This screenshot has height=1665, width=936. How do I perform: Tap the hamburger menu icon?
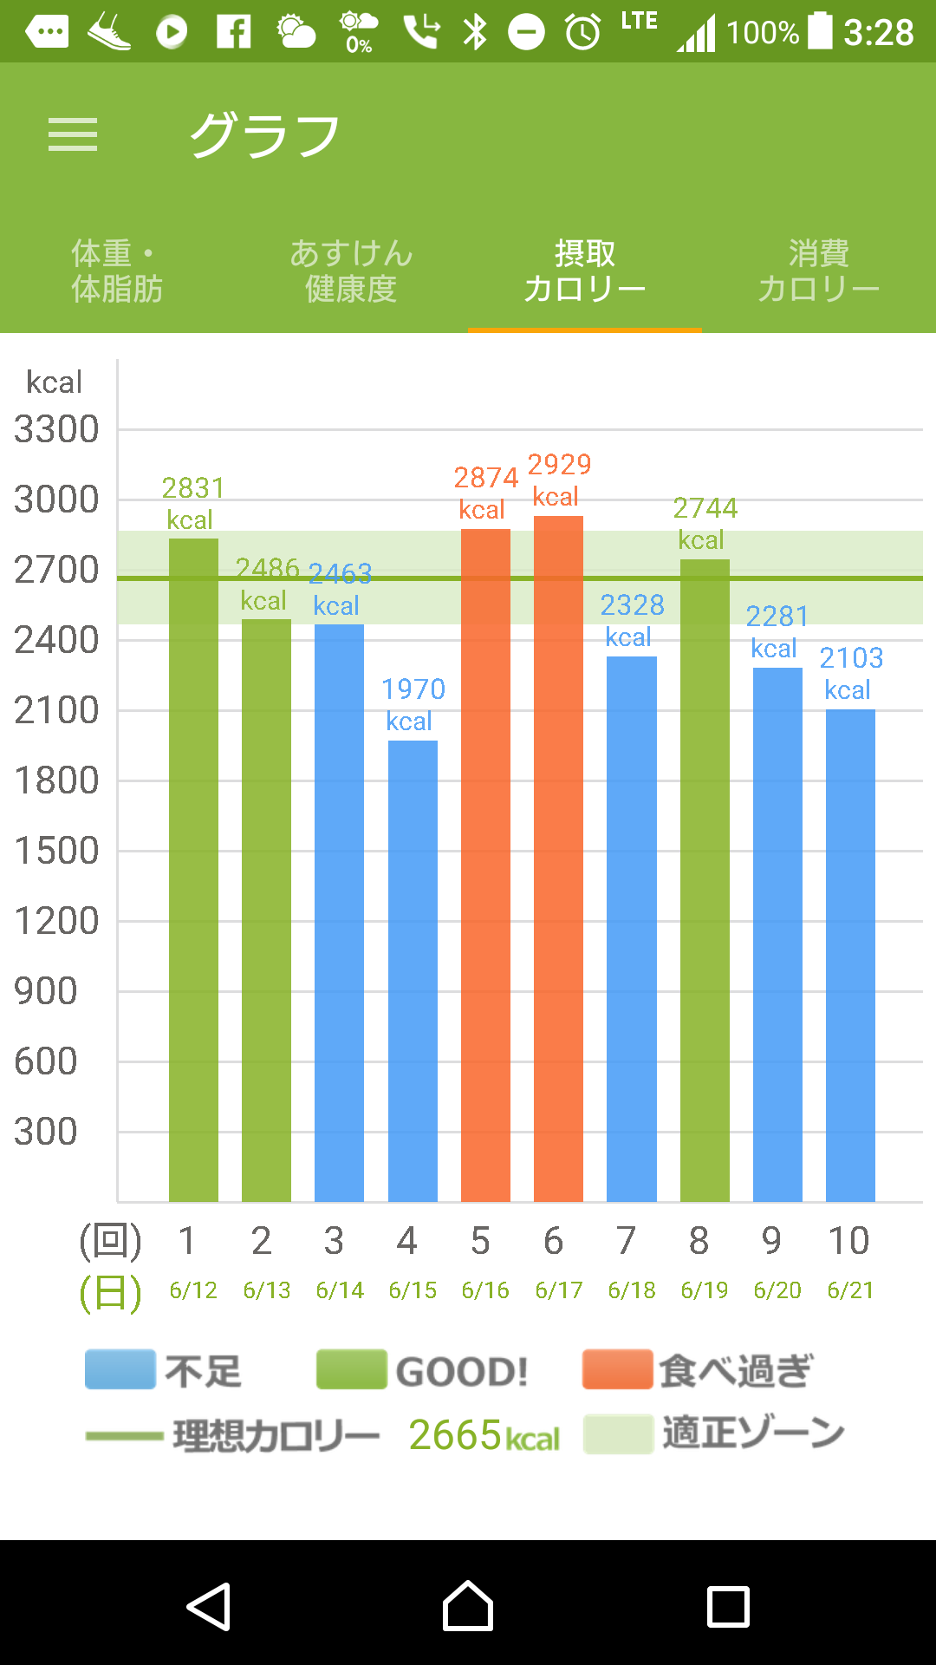[x=73, y=135]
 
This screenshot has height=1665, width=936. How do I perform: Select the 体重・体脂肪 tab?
[x=117, y=271]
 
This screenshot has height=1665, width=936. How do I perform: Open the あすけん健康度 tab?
[x=351, y=271]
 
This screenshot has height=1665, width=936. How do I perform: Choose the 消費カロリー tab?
[x=818, y=271]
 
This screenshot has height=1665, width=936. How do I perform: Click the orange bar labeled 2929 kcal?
[x=558, y=859]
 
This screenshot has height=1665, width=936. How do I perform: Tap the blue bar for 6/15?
[x=413, y=971]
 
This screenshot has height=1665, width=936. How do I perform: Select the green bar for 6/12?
[x=193, y=867]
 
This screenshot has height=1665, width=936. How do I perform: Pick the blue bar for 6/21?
[x=850, y=954]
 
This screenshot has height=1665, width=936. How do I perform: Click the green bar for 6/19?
[x=705, y=880]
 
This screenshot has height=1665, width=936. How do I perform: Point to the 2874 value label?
[x=486, y=478]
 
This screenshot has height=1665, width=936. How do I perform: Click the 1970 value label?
[x=413, y=689]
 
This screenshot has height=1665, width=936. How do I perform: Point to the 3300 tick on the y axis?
[x=56, y=429]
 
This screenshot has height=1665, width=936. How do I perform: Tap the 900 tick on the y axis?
[x=46, y=991]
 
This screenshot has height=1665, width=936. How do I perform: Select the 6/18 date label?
[x=632, y=1290]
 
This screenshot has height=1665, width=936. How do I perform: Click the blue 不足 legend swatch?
[x=120, y=1370]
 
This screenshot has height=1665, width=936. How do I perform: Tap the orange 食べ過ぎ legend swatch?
[x=617, y=1370]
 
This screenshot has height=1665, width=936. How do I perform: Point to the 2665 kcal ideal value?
[x=484, y=1435]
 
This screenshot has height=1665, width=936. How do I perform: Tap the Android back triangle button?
[x=209, y=1606]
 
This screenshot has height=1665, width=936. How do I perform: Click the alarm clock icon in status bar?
[x=582, y=33]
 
